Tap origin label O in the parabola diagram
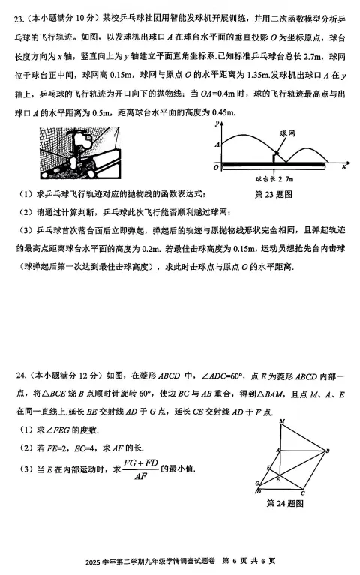coord(214,168)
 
